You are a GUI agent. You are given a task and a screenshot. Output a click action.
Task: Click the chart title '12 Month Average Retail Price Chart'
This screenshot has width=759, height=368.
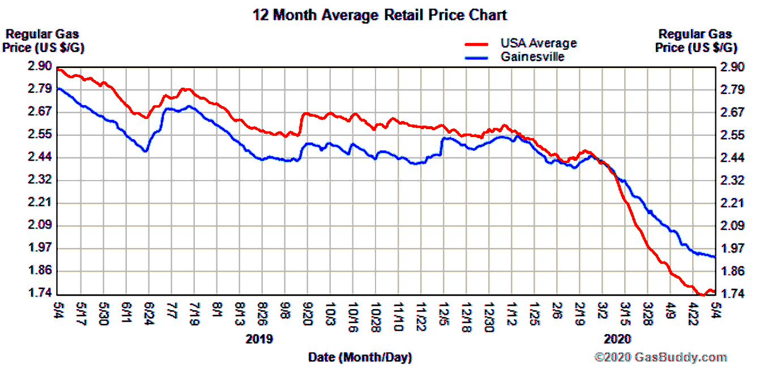(380, 15)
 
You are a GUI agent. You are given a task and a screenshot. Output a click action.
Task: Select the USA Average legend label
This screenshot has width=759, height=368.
(538, 43)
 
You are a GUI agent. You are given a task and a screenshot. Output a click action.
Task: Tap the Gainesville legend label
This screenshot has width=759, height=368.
(532, 57)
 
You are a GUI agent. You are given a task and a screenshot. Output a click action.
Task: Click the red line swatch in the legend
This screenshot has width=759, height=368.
(476, 44)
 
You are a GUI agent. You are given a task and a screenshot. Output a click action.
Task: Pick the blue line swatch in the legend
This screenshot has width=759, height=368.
(476, 57)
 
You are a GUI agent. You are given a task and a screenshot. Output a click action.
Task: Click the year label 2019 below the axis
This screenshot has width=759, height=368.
(259, 339)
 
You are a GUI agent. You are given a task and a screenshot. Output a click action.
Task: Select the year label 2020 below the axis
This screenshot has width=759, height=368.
(617, 339)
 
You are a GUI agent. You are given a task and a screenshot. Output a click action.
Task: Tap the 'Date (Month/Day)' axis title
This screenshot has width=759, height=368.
(360, 357)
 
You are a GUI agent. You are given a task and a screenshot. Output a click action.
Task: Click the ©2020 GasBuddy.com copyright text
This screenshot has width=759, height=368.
(660, 357)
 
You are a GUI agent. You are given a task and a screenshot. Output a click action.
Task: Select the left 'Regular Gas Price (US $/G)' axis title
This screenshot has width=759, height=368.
(43, 41)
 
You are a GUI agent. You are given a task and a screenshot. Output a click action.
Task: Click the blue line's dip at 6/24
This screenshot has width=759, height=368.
(146, 151)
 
